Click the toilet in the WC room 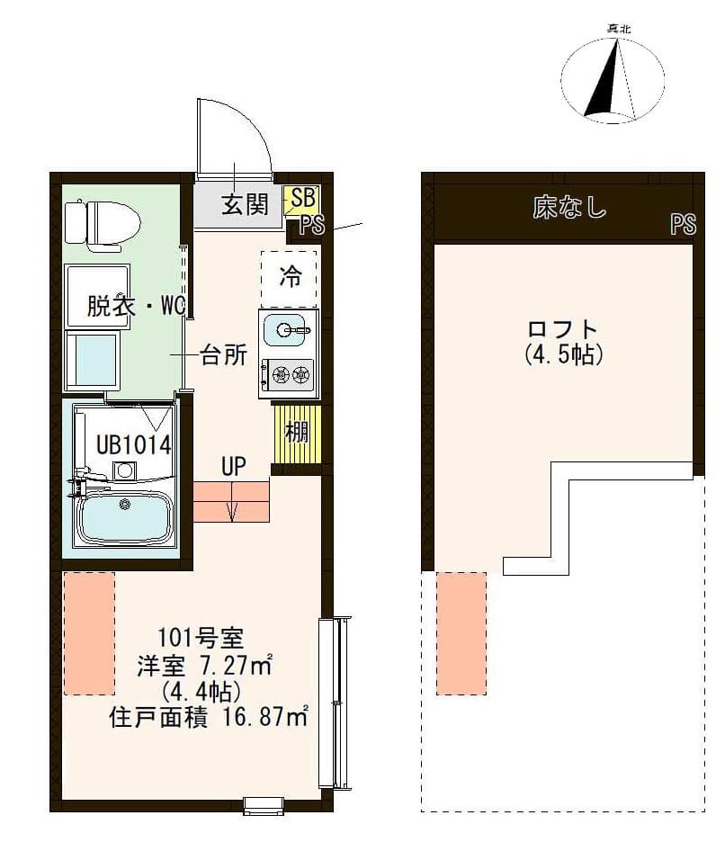coord(103,223)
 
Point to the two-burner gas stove coord(288,374)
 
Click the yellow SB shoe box coord(300,198)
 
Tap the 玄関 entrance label coord(245,204)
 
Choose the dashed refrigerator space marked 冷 coord(289,276)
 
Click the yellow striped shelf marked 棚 coord(297,432)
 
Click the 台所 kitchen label coord(223,356)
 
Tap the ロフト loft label coord(563,328)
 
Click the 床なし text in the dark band coord(568,209)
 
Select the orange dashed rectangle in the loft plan coord(461,633)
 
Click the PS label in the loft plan coord(683,225)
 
